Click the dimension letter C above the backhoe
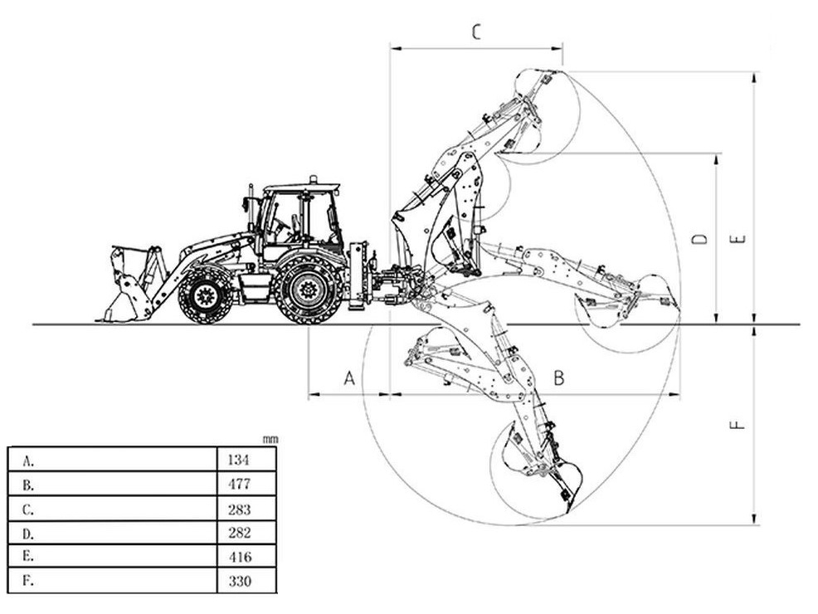pyautogui.click(x=476, y=32)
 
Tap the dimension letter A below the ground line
pyautogui.click(x=349, y=378)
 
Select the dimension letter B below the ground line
pyautogui.click(x=558, y=378)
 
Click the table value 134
pyautogui.click(x=238, y=460)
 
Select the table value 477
pyautogui.click(x=239, y=484)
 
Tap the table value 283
pyautogui.click(x=239, y=509)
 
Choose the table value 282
pyautogui.click(x=239, y=533)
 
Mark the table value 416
pyautogui.click(x=240, y=557)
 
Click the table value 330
pyautogui.click(x=240, y=581)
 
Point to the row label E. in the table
pyautogui.click(x=28, y=556)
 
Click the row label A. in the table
pyautogui.click(x=28, y=460)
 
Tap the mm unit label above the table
pyautogui.click(x=270, y=440)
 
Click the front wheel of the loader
pyautogui.click(x=205, y=295)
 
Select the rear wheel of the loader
pyautogui.click(x=309, y=290)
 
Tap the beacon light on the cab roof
pyautogui.click(x=313, y=179)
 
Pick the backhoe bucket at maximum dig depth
pyautogui.click(x=538, y=470)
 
